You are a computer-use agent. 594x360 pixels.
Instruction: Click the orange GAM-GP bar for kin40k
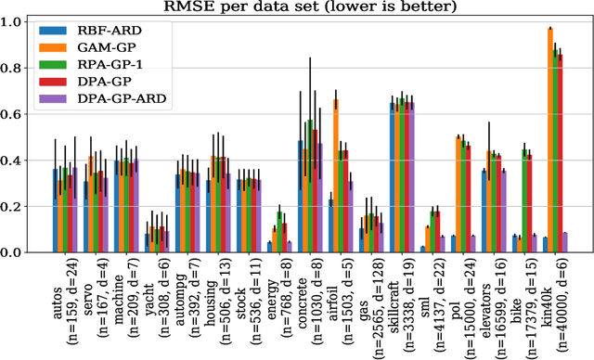pos(549,140)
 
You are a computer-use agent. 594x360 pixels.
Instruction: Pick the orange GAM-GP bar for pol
pos(458,195)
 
